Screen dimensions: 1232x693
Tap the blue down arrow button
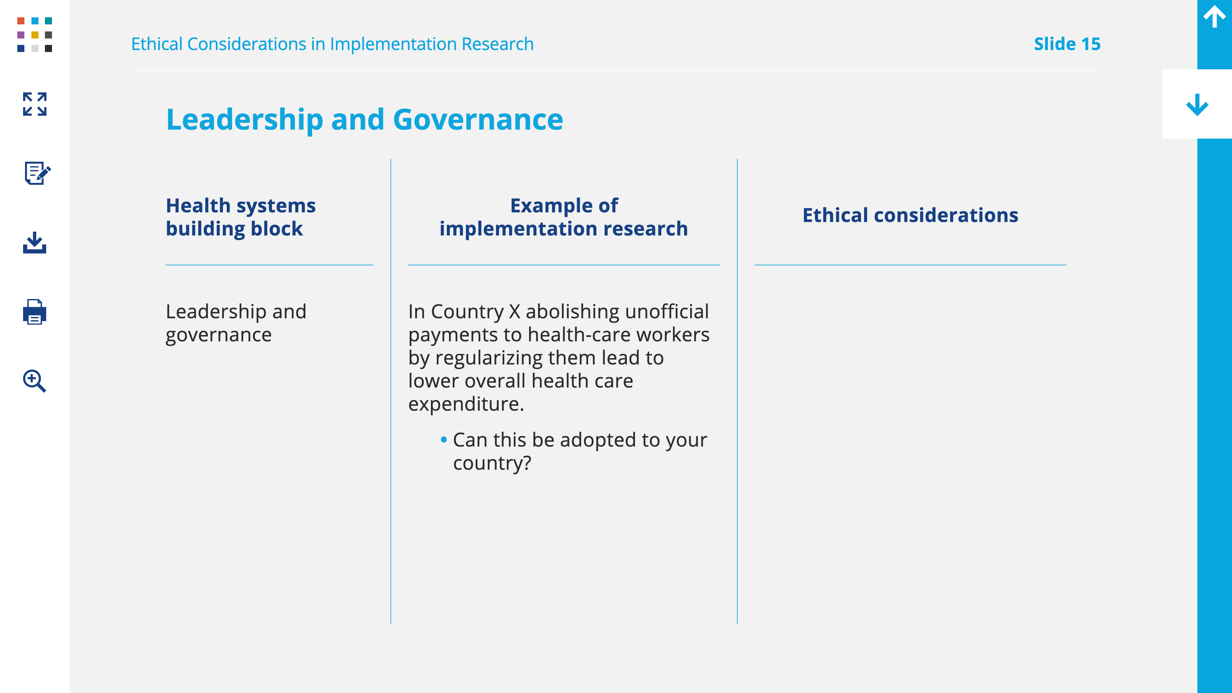(x=1197, y=104)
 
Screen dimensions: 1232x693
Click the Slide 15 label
(x=1067, y=44)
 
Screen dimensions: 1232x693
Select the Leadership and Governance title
(x=364, y=120)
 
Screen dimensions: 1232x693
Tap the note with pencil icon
(x=37, y=173)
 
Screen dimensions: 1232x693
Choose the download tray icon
(x=34, y=243)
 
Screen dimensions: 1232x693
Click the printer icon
(x=34, y=312)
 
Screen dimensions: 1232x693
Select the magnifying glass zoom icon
(x=34, y=381)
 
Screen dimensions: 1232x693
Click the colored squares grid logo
(x=34, y=34)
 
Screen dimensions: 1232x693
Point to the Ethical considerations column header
(x=910, y=216)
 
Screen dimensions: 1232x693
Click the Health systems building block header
(x=241, y=217)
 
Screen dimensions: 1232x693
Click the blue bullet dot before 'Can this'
(x=444, y=439)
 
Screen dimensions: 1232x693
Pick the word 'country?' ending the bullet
(x=492, y=463)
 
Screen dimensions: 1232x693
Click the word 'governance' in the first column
(x=218, y=335)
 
